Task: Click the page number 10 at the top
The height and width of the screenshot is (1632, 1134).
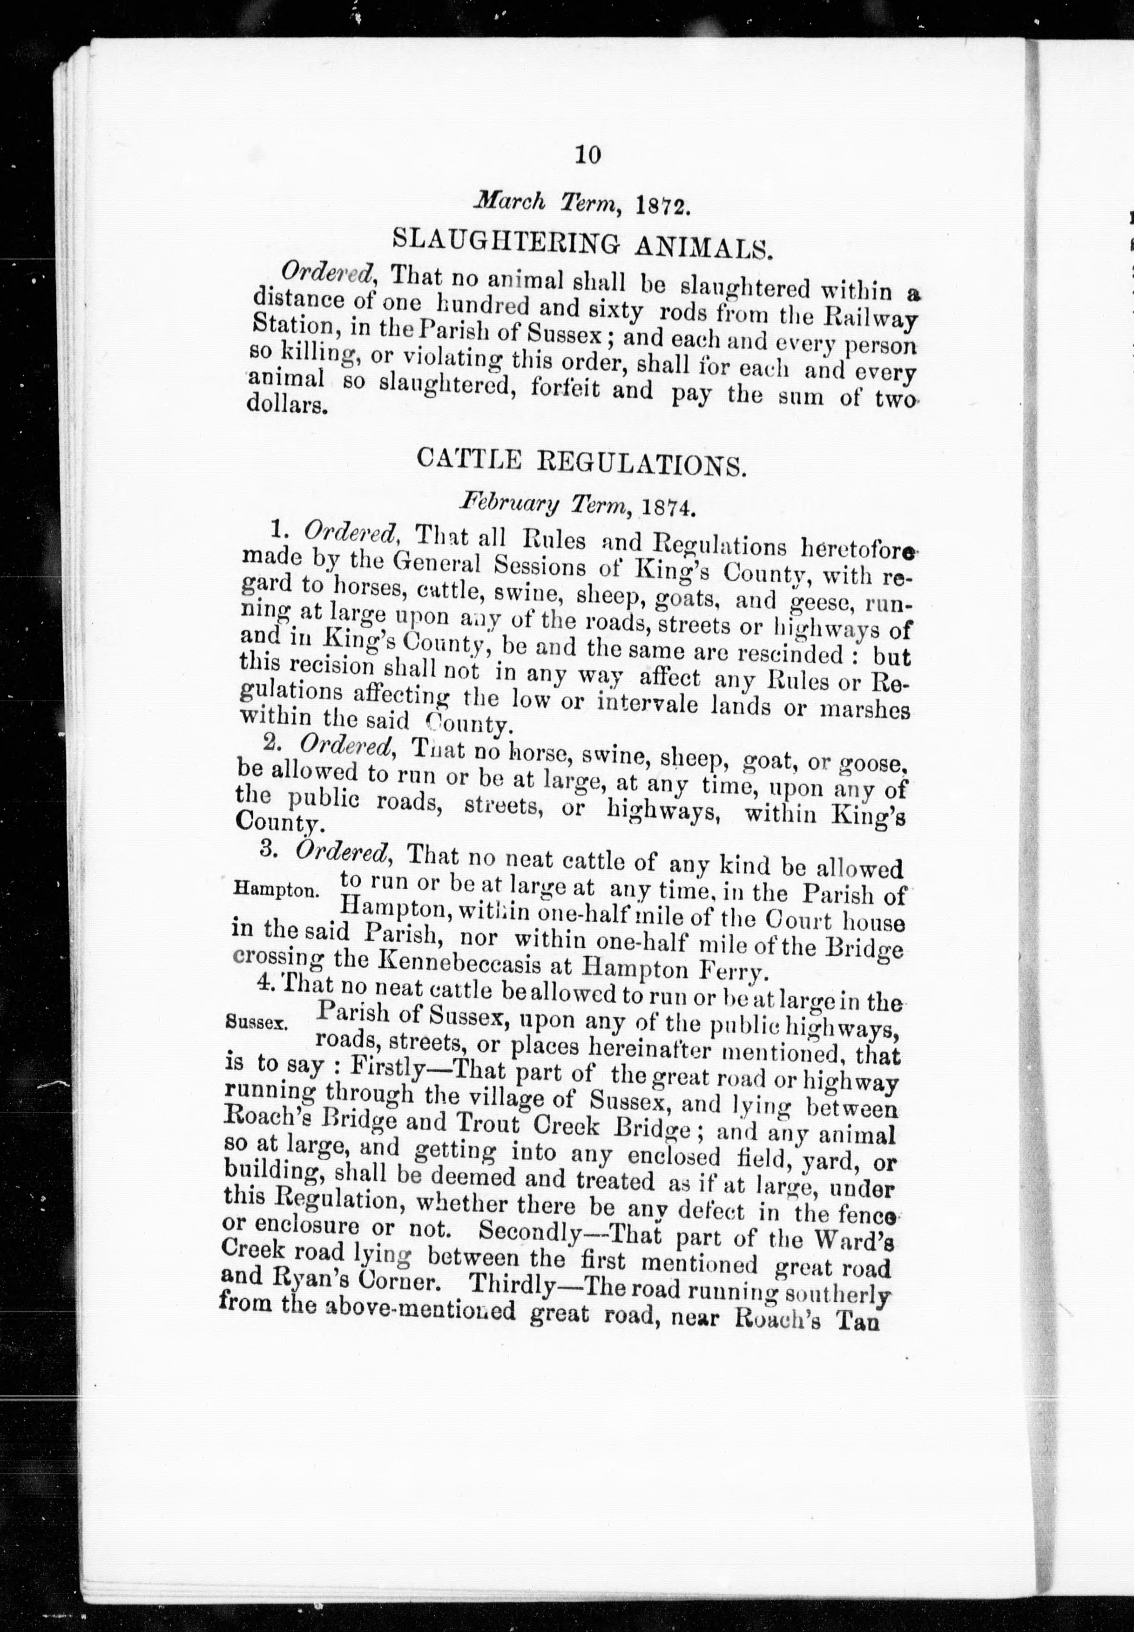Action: pyautogui.click(x=589, y=154)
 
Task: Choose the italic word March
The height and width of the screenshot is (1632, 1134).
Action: pyautogui.click(x=510, y=201)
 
